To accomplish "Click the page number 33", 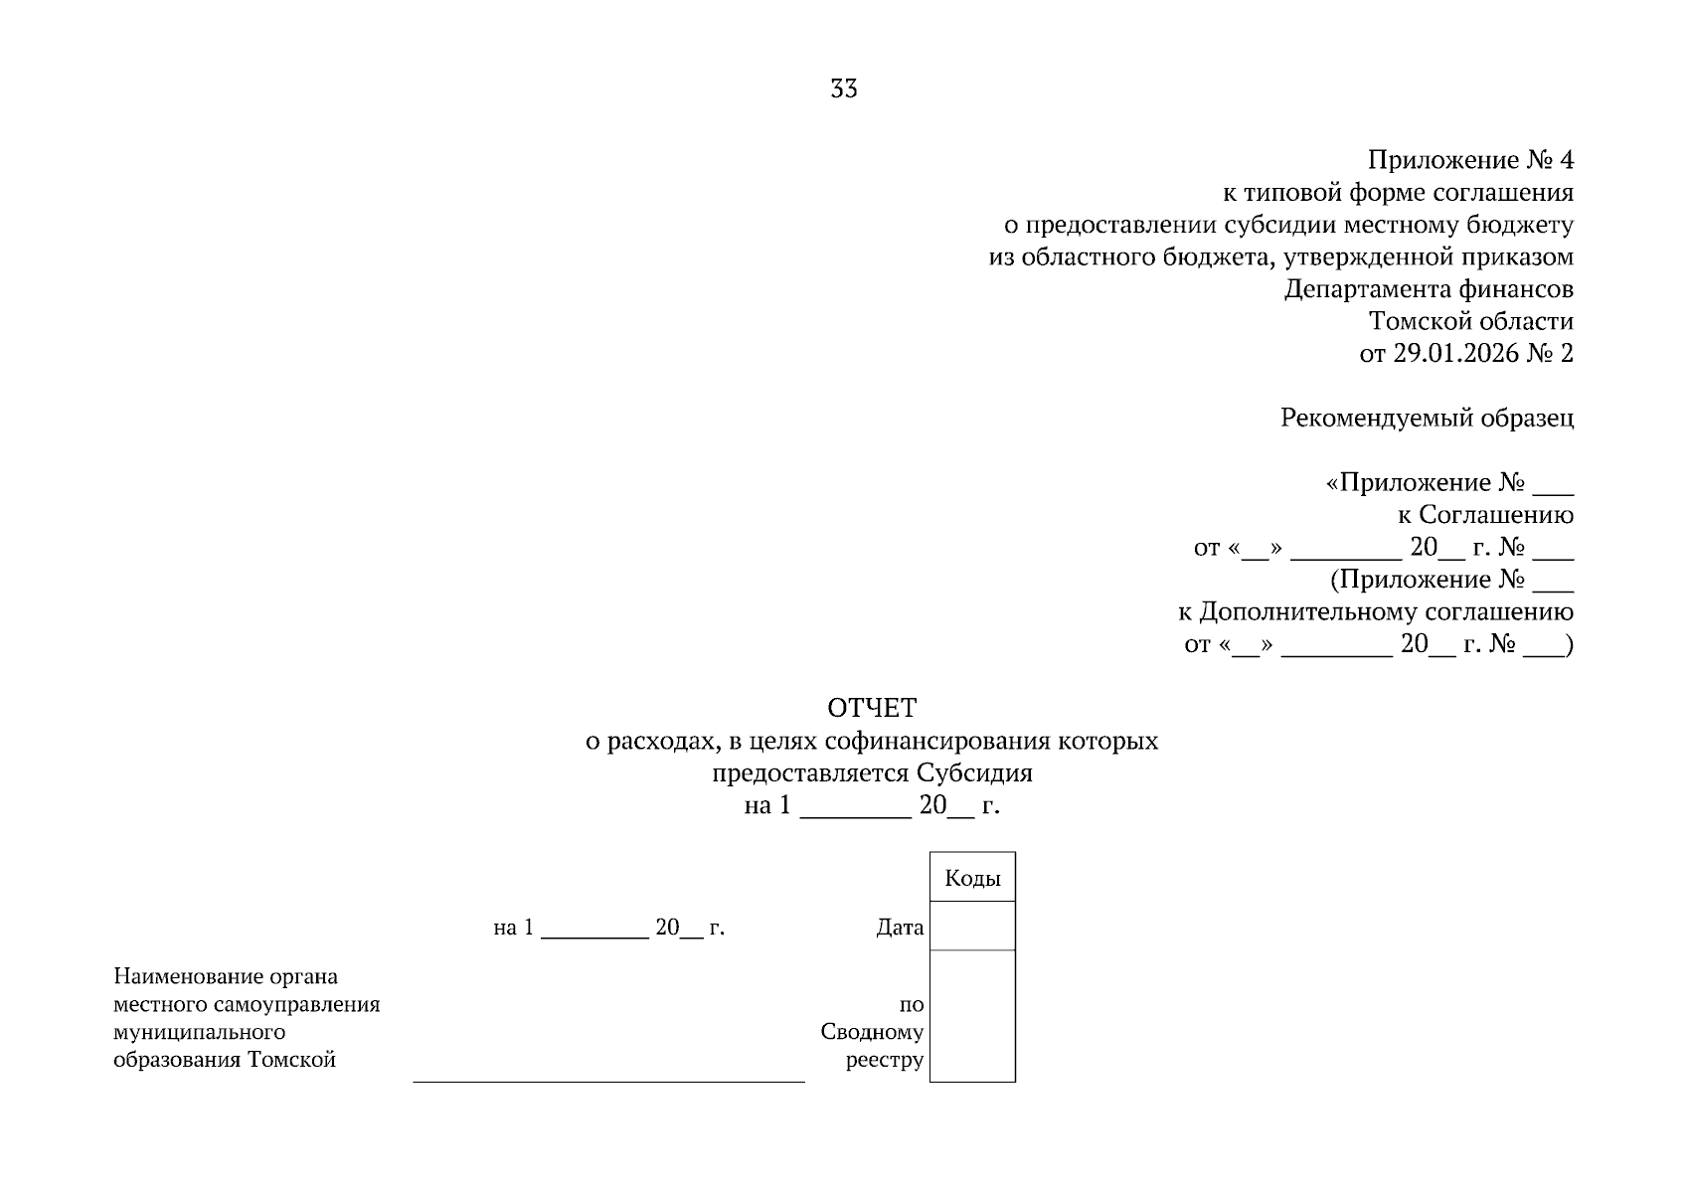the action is (843, 88).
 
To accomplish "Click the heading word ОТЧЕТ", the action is (872, 708).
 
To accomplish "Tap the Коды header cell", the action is (972, 877).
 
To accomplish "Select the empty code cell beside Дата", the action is (972, 926).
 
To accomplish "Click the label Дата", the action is (900, 927).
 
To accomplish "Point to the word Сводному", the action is (872, 1031).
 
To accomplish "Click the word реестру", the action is (885, 1060).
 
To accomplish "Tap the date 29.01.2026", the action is (1456, 354).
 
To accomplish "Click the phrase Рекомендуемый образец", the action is (1427, 419).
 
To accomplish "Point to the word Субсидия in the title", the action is (974, 773).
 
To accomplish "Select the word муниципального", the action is (200, 1032).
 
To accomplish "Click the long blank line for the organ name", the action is (608, 1083).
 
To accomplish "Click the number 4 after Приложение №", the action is (1567, 160).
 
